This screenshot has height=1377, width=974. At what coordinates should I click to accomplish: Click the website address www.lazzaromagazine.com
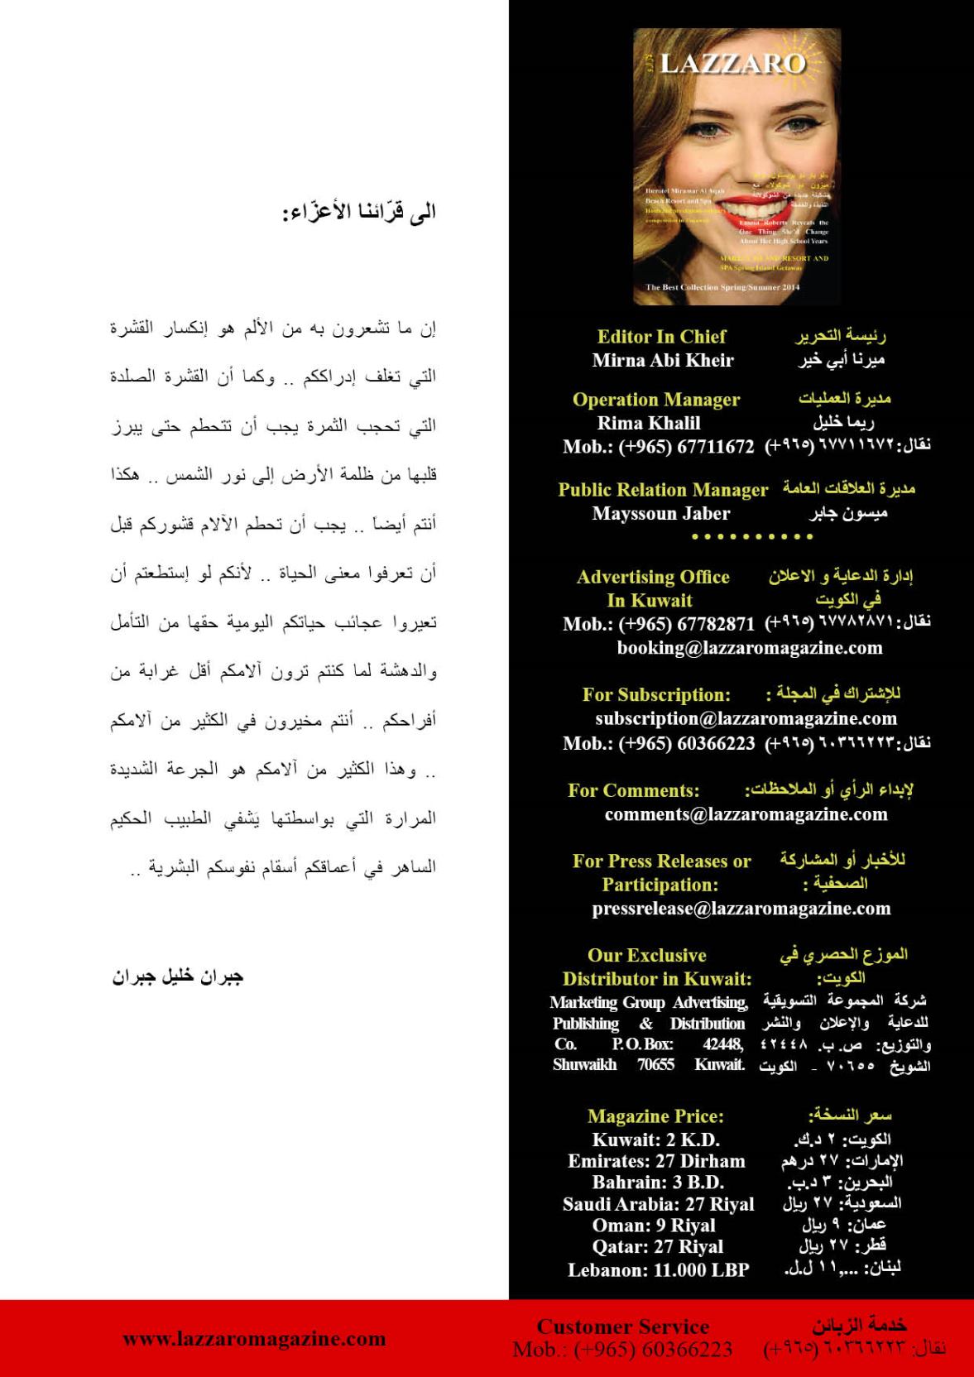(254, 1338)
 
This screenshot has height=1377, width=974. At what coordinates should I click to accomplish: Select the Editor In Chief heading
(661, 337)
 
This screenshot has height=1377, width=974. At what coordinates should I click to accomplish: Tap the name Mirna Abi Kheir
(663, 360)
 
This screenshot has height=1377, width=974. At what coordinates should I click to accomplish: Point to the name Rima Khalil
(649, 423)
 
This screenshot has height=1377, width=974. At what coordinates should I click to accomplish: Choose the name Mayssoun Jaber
(661, 513)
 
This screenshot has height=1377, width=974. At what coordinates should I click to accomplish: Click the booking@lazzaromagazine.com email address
(750, 647)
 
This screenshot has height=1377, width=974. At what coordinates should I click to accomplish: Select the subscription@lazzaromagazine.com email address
(746, 718)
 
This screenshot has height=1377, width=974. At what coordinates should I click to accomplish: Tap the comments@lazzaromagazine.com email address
(746, 814)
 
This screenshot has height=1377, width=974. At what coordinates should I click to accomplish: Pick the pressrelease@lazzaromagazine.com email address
(741, 909)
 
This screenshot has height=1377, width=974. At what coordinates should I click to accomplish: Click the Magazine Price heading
(655, 1116)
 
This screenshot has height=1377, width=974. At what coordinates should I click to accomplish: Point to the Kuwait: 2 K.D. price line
(655, 1140)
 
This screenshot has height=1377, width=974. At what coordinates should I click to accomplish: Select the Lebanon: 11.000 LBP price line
(658, 1269)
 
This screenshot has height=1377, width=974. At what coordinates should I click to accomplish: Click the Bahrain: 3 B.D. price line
(658, 1183)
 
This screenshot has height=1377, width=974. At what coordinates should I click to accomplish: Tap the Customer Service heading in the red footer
(622, 1327)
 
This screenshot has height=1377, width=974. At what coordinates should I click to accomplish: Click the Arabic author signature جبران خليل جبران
(177, 976)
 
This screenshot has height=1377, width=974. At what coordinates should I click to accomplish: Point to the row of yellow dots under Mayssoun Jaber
(751, 537)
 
